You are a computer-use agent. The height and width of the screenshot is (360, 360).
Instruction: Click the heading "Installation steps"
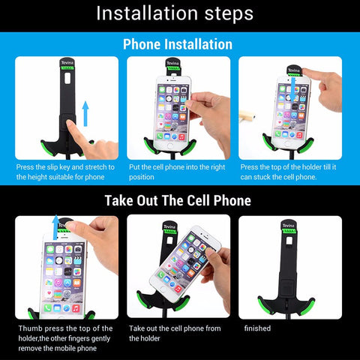coord(175,13)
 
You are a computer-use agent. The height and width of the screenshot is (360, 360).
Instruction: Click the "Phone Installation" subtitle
coord(178,44)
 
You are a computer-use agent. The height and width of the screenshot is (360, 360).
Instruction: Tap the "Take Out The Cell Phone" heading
coord(178,200)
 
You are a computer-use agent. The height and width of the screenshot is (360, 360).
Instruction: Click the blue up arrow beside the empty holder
coord(85,113)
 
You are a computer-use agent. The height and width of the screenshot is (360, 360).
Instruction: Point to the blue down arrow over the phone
coord(293,89)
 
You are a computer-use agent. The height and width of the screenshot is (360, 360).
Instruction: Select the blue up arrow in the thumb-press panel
coord(56,227)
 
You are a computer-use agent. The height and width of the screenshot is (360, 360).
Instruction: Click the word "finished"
coord(257,328)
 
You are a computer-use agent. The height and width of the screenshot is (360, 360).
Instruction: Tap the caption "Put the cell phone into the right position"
coord(177,172)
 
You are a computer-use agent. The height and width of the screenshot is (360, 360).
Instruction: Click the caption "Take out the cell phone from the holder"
coord(175,333)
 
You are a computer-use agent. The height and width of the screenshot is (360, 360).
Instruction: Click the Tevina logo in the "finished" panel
coord(289,226)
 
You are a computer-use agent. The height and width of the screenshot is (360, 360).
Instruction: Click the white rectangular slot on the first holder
coord(67,78)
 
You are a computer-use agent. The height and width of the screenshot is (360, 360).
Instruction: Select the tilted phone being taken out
coord(185,261)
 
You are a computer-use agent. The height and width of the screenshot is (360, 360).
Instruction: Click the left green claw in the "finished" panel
coord(265,303)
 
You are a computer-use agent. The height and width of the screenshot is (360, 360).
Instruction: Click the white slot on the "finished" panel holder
coord(289,241)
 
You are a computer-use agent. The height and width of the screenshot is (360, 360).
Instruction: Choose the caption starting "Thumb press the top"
coord(65,338)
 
